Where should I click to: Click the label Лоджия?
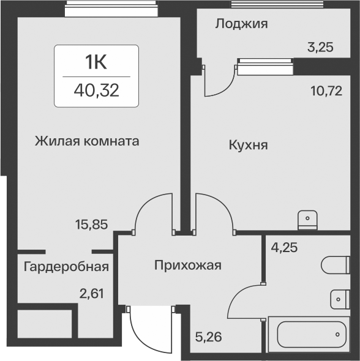pos(241,24)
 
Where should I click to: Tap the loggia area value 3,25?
pos(320,48)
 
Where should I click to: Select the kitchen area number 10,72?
pos(326,91)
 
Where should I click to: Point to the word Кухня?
pos(249,146)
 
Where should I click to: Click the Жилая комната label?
pos(87,141)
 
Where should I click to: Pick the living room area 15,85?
pos(91,225)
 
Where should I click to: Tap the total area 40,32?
pos(96,91)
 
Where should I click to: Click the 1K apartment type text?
pos(96,62)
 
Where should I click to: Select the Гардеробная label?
pos(66,267)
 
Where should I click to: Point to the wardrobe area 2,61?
pos(91,294)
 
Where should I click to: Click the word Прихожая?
pos(188,266)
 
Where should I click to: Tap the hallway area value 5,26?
pos(208,337)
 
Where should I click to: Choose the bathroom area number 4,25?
pos(284,248)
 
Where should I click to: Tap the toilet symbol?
pos(336,265)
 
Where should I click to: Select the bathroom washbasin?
pos(340,299)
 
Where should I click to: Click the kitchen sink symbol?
pos(308,220)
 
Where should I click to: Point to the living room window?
pos(111,9)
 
